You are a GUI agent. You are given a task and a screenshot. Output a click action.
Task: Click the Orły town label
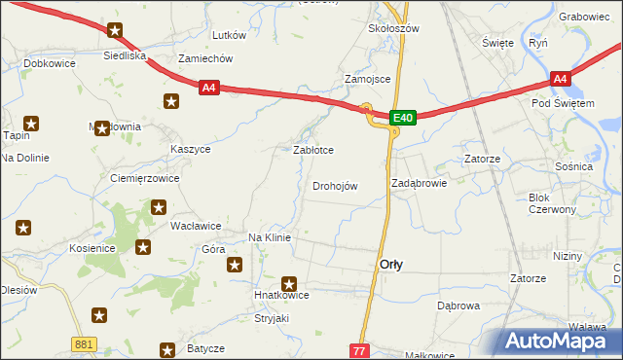tap(391, 265)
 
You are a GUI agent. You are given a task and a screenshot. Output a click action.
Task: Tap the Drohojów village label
tap(335, 186)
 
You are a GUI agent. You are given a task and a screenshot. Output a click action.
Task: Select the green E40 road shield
tap(404, 118)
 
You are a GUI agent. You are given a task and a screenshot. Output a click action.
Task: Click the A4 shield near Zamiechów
tap(209, 89)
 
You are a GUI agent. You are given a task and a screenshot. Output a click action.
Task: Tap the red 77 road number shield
tap(360, 349)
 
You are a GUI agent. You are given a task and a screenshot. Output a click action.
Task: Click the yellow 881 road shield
tap(85, 343)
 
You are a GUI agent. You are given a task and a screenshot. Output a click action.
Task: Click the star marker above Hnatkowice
tap(289, 282)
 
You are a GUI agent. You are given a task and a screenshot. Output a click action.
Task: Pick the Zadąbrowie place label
tap(419, 183)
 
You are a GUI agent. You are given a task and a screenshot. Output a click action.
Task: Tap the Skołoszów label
tap(393, 28)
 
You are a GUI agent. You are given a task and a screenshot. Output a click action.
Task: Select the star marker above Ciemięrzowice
tap(101, 127)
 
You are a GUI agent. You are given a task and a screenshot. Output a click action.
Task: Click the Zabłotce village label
tap(313, 151)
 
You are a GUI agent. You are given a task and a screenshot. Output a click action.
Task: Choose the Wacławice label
tap(196, 226)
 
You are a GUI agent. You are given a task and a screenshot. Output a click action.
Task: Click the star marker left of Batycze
tap(167, 348)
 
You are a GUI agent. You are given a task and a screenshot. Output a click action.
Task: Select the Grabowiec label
tap(584, 17)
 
